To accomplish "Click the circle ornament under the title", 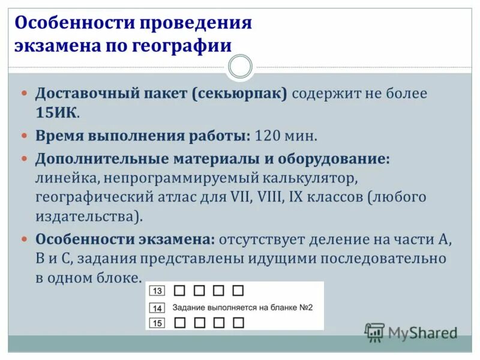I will (240, 67).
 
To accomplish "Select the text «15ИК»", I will (56, 113).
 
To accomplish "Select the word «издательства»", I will (89, 216).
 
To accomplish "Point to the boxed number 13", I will (157, 291).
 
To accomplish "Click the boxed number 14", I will (157, 308).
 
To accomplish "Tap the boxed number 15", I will (157, 323).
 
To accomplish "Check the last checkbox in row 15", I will (238, 323).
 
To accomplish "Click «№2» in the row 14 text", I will (306, 307).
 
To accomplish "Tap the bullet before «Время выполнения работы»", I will (25, 136).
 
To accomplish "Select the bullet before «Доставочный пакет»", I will (25, 94).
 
